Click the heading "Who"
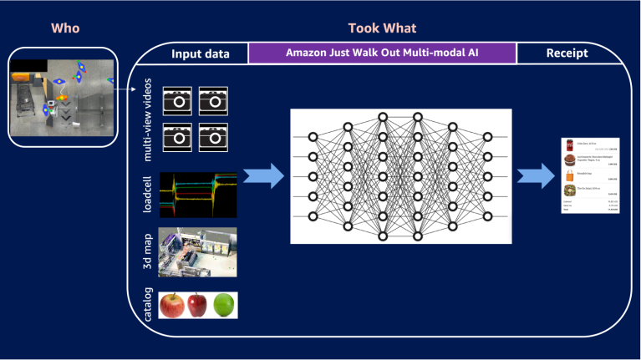tap(65, 28)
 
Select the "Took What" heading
tap(382, 28)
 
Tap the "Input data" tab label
tap(200, 53)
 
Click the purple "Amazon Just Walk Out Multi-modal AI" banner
tap(382, 53)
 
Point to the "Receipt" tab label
tap(567, 53)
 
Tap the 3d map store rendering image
tap(198, 252)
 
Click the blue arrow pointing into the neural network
tap(263, 176)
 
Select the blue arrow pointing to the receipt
tap(536, 176)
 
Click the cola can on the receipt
tap(569, 145)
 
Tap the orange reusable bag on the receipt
tap(569, 176)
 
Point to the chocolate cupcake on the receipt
tap(569, 160)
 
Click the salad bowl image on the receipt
tap(569, 191)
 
